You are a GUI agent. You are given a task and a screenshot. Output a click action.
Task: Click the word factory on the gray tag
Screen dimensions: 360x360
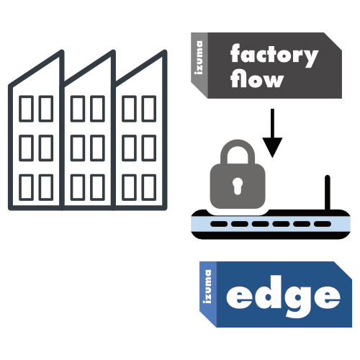click(x=274, y=55)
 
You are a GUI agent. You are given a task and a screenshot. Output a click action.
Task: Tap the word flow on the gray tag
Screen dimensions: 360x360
click(x=257, y=78)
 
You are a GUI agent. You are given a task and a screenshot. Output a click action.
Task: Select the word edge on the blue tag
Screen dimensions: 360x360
click(x=283, y=297)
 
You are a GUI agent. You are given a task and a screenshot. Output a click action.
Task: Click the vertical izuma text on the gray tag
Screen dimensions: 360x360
click(x=199, y=58)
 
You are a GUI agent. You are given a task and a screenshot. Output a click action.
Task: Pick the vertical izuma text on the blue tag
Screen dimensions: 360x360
click(x=208, y=287)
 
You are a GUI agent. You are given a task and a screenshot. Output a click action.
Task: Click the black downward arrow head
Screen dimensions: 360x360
click(x=272, y=147)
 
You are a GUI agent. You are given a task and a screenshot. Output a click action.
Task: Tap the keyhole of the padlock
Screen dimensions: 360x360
click(x=238, y=186)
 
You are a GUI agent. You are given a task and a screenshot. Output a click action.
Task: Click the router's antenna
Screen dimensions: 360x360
click(x=328, y=193)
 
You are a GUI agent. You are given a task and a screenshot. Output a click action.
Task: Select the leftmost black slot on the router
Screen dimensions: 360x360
click(x=219, y=224)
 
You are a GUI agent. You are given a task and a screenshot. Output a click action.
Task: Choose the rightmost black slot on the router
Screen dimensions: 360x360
click(x=323, y=224)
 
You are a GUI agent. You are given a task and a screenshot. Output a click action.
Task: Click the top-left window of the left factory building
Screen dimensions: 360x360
click(x=26, y=109)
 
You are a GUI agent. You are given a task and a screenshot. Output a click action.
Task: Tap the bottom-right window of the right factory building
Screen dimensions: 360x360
click(x=149, y=187)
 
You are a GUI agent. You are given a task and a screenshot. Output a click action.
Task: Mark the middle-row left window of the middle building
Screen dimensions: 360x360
click(x=78, y=148)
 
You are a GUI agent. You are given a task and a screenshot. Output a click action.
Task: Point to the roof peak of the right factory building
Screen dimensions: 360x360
click(x=165, y=51)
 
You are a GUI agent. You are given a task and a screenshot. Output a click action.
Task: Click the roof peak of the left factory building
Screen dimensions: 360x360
click(x=62, y=51)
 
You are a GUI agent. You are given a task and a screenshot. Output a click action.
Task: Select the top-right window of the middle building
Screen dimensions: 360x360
click(x=97, y=109)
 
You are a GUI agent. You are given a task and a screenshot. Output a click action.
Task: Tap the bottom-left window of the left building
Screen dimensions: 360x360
click(x=26, y=187)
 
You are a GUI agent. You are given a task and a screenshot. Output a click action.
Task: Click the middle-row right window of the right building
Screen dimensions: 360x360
click(x=149, y=148)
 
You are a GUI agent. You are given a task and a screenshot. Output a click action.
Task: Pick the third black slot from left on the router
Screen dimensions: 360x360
click(x=261, y=224)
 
